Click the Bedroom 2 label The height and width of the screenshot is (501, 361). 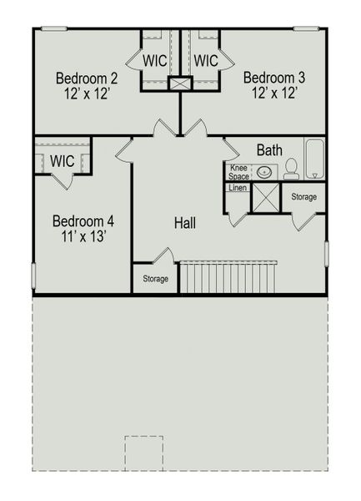pyautogui.click(x=86, y=78)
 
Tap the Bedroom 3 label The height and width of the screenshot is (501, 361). pyautogui.click(x=273, y=78)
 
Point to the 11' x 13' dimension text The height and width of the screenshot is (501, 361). pyautogui.click(x=83, y=236)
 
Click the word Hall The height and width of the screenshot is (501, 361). pyautogui.click(x=185, y=223)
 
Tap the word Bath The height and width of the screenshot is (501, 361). pyautogui.click(x=268, y=150)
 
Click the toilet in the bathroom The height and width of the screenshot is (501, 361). pyautogui.click(x=291, y=170)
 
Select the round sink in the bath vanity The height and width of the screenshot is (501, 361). pyautogui.click(x=264, y=172)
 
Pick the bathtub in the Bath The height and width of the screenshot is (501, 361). pyautogui.click(x=315, y=159)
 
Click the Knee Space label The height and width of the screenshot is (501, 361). pyautogui.click(x=238, y=172)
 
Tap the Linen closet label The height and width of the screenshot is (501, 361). pyautogui.click(x=237, y=188)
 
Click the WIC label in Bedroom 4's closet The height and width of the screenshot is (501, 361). pyautogui.click(x=63, y=159)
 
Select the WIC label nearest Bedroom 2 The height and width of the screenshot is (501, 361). pyautogui.click(x=154, y=61)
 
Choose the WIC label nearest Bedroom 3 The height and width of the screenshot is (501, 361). pyautogui.click(x=206, y=61)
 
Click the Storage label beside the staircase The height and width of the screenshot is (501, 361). pyautogui.click(x=155, y=279)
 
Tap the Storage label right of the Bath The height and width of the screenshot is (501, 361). pyautogui.click(x=303, y=197)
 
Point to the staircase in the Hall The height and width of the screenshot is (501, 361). pyautogui.click(x=228, y=277)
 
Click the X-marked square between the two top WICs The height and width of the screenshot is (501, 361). pyautogui.click(x=180, y=83)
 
